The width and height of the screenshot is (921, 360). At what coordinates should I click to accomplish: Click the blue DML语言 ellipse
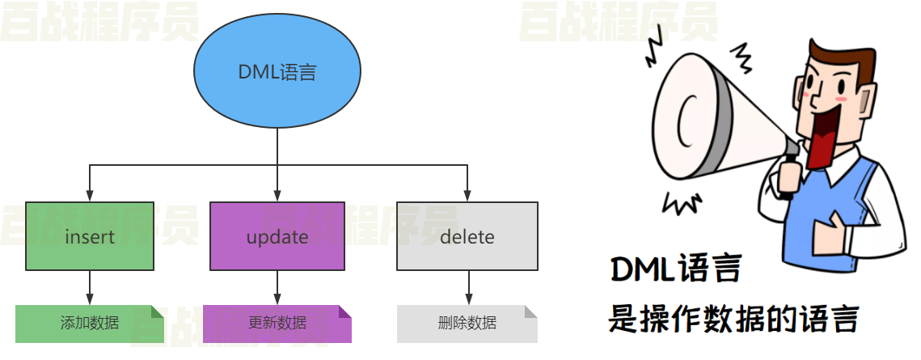pyautogui.click(x=277, y=73)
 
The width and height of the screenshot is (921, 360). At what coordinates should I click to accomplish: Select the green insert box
pyautogui.click(x=90, y=236)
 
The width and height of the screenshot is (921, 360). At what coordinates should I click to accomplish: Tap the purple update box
pyautogui.click(x=277, y=236)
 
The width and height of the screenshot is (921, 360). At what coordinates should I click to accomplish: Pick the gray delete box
pyautogui.click(x=467, y=236)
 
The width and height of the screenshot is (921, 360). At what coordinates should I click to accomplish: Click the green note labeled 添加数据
pyautogui.click(x=89, y=324)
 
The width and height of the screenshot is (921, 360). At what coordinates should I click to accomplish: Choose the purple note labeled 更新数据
pyautogui.click(x=277, y=324)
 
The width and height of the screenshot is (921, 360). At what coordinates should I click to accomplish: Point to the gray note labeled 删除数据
pyautogui.click(x=467, y=324)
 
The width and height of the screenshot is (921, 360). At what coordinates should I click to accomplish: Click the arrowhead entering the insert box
pyautogui.click(x=90, y=196)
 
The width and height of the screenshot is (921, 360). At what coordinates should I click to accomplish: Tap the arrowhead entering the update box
pyautogui.click(x=277, y=196)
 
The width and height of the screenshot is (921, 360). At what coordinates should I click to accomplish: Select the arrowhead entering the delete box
pyautogui.click(x=467, y=196)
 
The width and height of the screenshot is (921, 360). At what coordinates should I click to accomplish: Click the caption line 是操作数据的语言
pyautogui.click(x=733, y=319)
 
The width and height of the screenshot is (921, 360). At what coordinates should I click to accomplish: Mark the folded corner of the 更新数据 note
pyautogui.click(x=345, y=311)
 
